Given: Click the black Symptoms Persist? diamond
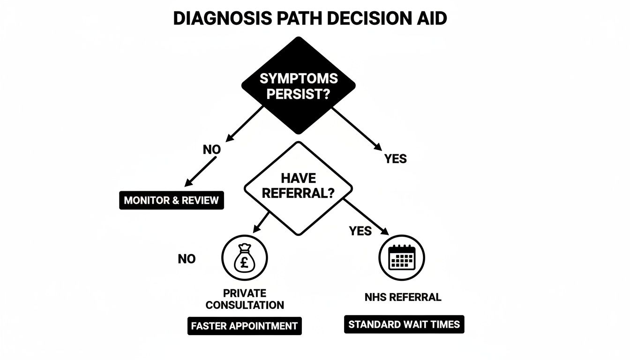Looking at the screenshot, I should click(298, 86).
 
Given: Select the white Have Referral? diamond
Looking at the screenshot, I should click(298, 187).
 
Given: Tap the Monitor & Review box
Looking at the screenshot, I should click(171, 201).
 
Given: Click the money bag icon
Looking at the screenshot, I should click(244, 258).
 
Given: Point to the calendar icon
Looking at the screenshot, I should click(401, 257).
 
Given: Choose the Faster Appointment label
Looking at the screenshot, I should click(244, 326).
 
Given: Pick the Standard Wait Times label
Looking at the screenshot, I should click(404, 324).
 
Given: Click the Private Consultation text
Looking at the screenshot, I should click(245, 299).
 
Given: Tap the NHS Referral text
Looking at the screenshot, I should click(403, 297).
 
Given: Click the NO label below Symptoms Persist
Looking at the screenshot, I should click(212, 150).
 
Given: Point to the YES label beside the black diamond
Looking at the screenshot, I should click(395, 159).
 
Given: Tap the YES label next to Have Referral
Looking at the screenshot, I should click(360, 231).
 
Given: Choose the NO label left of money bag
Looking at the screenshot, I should click(187, 259).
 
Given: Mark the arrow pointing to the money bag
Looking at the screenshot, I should click(262, 222).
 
